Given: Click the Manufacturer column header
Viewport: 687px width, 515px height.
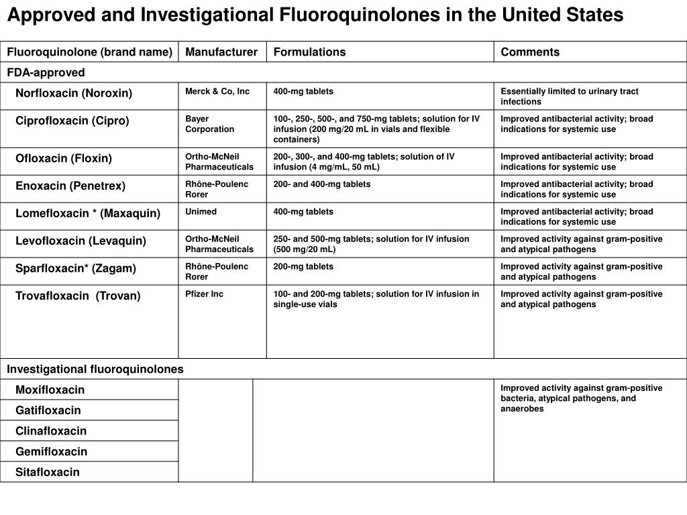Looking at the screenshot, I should click(x=221, y=52).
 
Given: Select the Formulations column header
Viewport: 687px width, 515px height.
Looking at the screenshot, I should click(x=309, y=52).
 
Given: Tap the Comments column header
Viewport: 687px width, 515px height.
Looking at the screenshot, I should click(x=530, y=52).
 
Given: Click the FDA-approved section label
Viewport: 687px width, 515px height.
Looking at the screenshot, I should click(x=46, y=72).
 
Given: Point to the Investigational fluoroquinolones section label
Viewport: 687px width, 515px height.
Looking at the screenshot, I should click(x=95, y=369).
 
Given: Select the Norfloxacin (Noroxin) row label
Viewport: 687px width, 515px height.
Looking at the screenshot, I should click(x=74, y=93).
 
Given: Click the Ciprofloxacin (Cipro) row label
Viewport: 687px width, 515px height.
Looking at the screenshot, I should click(x=72, y=121).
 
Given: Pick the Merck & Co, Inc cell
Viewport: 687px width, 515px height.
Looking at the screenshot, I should click(x=217, y=91).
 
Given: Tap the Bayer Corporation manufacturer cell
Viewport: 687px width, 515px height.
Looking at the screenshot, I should click(x=209, y=124).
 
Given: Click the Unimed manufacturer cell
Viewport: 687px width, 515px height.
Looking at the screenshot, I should click(x=201, y=212).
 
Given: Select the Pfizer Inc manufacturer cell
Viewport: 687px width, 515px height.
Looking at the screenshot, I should click(x=205, y=294).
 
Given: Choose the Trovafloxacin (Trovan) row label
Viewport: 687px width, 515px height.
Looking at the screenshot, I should click(x=78, y=296).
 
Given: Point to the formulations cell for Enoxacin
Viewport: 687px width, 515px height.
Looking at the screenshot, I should click(x=322, y=184).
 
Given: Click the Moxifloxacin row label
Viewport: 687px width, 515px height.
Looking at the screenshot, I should click(x=50, y=390).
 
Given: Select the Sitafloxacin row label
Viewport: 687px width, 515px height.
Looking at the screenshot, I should click(x=48, y=472).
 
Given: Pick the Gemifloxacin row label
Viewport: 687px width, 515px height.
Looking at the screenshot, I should click(x=52, y=451).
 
